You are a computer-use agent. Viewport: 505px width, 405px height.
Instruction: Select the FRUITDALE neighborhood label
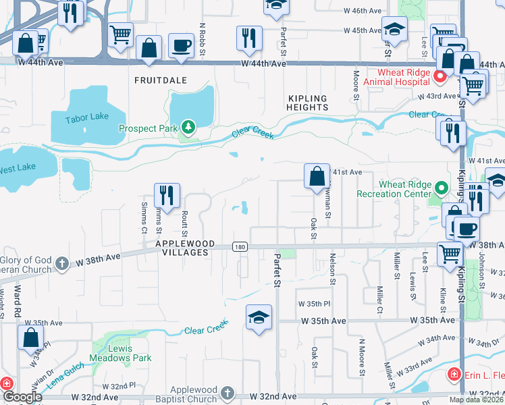(x=160, y=80)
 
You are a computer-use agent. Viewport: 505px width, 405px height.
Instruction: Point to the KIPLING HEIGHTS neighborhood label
(x=307, y=103)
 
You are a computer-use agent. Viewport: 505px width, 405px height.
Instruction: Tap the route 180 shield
(x=240, y=247)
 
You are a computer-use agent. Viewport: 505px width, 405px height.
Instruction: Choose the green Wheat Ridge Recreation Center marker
(x=442, y=188)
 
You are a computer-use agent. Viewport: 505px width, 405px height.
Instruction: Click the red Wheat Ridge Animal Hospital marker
(x=439, y=76)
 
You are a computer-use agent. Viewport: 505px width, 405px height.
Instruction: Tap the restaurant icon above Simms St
(x=166, y=195)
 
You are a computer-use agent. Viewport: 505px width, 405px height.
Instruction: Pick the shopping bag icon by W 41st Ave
(x=316, y=176)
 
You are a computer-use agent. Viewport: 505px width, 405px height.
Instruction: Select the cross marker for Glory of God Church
(x=61, y=263)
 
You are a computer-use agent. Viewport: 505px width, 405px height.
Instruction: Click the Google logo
(x=23, y=397)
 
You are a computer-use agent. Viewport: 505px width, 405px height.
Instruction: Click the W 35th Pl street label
(x=314, y=304)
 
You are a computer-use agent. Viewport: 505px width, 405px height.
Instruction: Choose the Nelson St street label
(x=333, y=265)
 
